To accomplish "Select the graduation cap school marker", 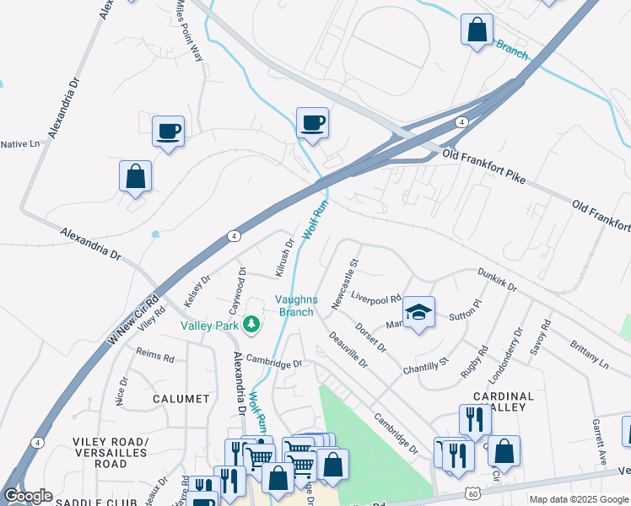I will pos(418,313).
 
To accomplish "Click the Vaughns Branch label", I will pos(295,306).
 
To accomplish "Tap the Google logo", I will pos(27,496).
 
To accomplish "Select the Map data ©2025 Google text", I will pos(579,499).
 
